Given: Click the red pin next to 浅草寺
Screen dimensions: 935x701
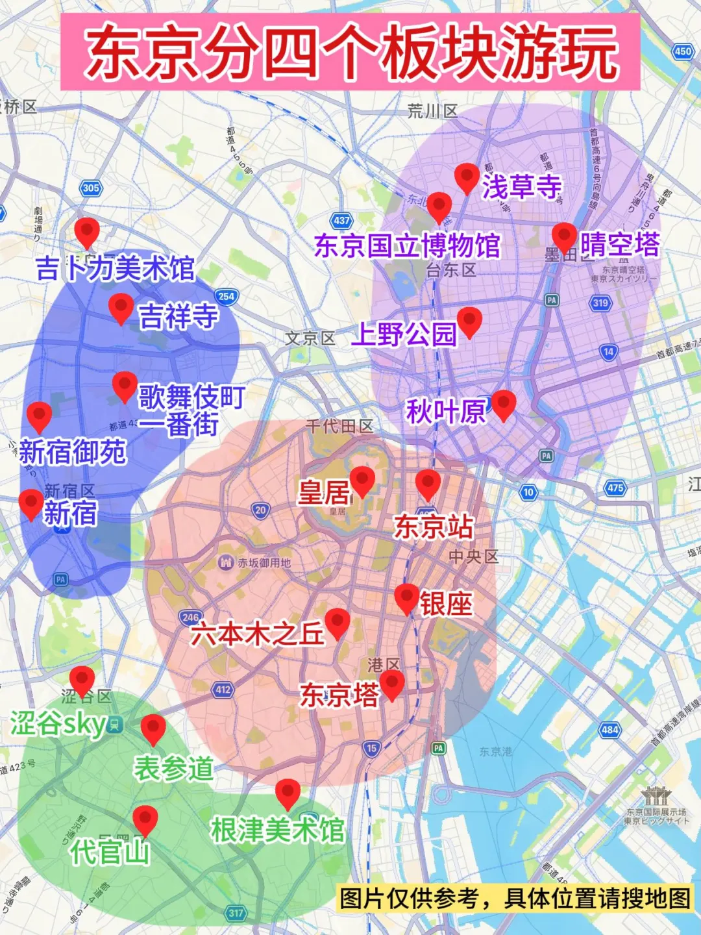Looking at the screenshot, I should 467,177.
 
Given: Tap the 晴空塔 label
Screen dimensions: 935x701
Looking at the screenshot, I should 619,245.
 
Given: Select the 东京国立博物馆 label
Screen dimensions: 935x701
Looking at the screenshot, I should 407,246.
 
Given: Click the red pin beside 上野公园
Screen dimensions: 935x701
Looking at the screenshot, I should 469,320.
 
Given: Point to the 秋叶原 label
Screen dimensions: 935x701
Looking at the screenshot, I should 446,411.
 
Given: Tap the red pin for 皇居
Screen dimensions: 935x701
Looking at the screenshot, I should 362,480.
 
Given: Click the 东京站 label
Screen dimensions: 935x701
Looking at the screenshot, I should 434,527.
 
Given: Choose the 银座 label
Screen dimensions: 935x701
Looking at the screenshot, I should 446,604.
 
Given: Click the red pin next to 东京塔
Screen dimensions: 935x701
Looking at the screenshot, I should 391,683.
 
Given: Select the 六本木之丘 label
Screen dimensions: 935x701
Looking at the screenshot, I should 257,634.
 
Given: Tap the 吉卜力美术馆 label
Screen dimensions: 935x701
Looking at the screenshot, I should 115,268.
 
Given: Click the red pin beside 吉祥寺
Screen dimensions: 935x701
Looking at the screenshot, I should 121,306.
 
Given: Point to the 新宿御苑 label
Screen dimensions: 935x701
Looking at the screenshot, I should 72,452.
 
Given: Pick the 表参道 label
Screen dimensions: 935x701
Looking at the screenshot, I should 173,768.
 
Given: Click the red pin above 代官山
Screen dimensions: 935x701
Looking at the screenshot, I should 145,819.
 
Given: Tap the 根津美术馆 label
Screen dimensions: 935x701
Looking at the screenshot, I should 277,830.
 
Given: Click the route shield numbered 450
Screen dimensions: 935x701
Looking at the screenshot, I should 683,51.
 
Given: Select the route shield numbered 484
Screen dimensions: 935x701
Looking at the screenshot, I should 609,730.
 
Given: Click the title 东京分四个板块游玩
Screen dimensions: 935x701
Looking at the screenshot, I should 350,52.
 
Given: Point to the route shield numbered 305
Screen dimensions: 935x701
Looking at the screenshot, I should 91,188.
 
